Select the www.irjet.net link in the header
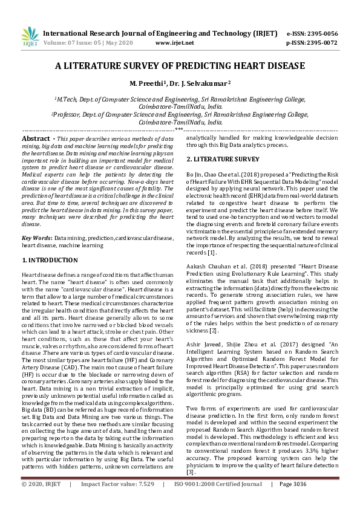pyautogui.click(x=174, y=43)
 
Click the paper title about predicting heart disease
pyautogui.click(x=180, y=65)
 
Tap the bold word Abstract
pyautogui.click(x=35, y=138)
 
